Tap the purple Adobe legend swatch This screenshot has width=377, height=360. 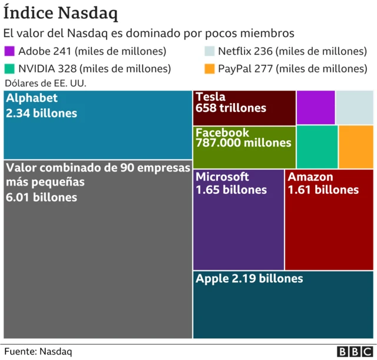point(9,52)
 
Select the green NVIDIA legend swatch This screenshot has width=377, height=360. point(9,68)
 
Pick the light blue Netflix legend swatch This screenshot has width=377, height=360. point(210,52)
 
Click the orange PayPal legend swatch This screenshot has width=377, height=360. point(210,68)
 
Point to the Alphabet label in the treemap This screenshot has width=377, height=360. point(32,98)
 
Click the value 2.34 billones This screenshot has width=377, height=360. point(41,113)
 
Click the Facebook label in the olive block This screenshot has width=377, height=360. point(222,132)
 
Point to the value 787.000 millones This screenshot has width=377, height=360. point(243,143)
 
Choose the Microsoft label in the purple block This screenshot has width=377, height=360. point(222,177)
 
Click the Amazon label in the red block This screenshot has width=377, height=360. point(310,177)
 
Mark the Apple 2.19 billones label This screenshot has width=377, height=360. point(249,279)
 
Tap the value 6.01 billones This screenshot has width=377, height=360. point(41,197)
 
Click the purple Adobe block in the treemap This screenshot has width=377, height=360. point(316,107)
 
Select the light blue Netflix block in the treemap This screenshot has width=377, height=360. point(355,107)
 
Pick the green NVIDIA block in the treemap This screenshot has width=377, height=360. point(317,147)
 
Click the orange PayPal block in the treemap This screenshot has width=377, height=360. point(356,147)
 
